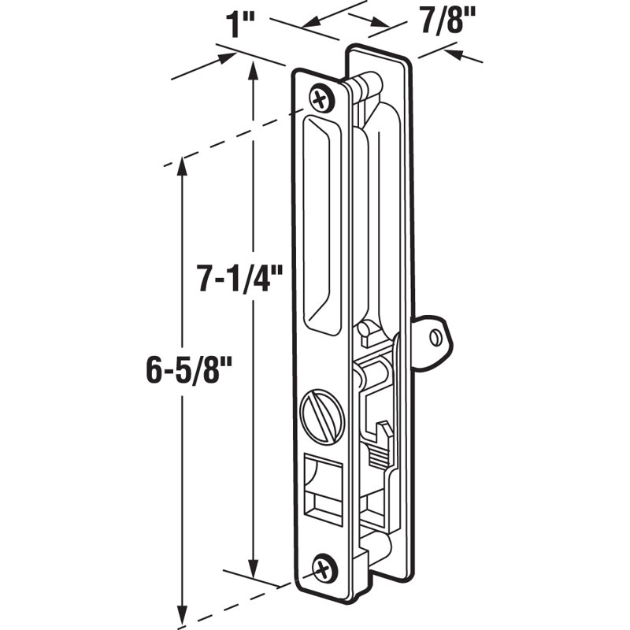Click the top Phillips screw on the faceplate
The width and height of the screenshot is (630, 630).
321,98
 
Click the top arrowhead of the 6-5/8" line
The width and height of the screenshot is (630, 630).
183,165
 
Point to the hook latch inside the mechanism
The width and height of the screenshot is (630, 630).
384,432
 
